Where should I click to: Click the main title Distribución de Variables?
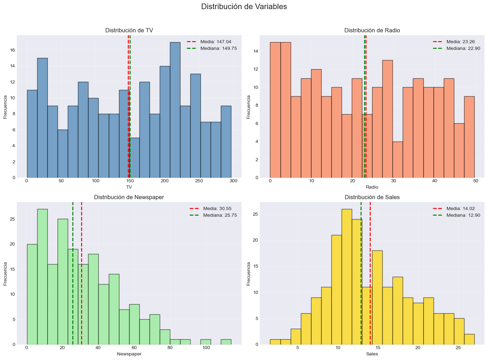tap(244, 7)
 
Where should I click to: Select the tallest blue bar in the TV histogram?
tap(175, 110)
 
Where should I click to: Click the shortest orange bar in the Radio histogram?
tap(397, 159)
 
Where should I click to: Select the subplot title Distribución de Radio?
tap(372, 31)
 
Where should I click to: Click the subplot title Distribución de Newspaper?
tap(129, 197)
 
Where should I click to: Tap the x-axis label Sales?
tap(372, 354)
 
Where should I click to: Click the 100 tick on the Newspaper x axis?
tap(206, 348)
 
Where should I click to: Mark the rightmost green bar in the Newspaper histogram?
tap(226, 342)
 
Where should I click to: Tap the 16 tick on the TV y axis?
tap(12, 50)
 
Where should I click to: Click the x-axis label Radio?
tap(372, 187)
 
